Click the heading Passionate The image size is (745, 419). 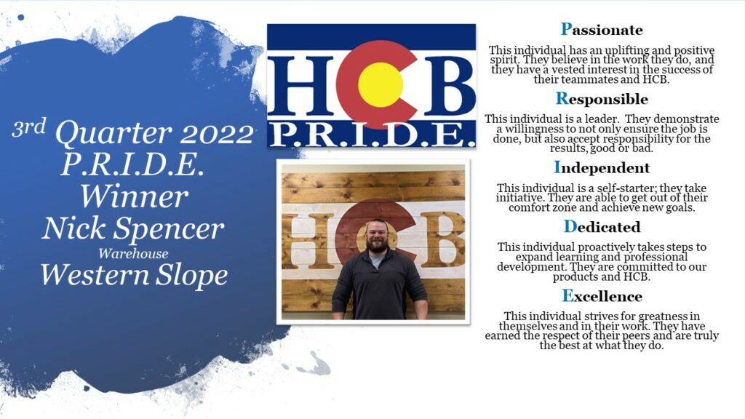tap(602, 29)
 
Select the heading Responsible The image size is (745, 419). tap(602, 99)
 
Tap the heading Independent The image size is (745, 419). tap(602, 168)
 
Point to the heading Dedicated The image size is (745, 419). tap(602, 227)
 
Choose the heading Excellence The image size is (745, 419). tap(602, 296)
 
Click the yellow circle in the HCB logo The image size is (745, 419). tap(380, 84)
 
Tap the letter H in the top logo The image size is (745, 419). tap(301, 86)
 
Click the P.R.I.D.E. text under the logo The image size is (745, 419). tap(372, 135)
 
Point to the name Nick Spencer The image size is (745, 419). tap(132, 228)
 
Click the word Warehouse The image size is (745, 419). tap(133, 254)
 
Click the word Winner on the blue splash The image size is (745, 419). tap(134, 196)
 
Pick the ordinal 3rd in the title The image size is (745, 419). tap(29, 128)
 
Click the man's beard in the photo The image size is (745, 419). tap(378, 245)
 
